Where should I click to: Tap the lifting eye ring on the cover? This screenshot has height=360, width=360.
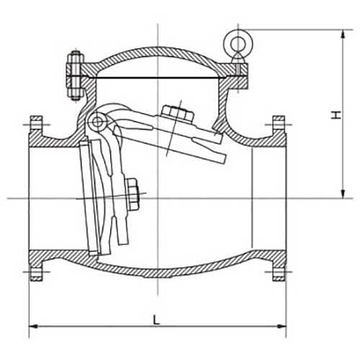point(235,40)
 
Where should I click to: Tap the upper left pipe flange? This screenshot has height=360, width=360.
point(36,129)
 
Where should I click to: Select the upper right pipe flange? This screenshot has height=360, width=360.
point(277,129)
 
